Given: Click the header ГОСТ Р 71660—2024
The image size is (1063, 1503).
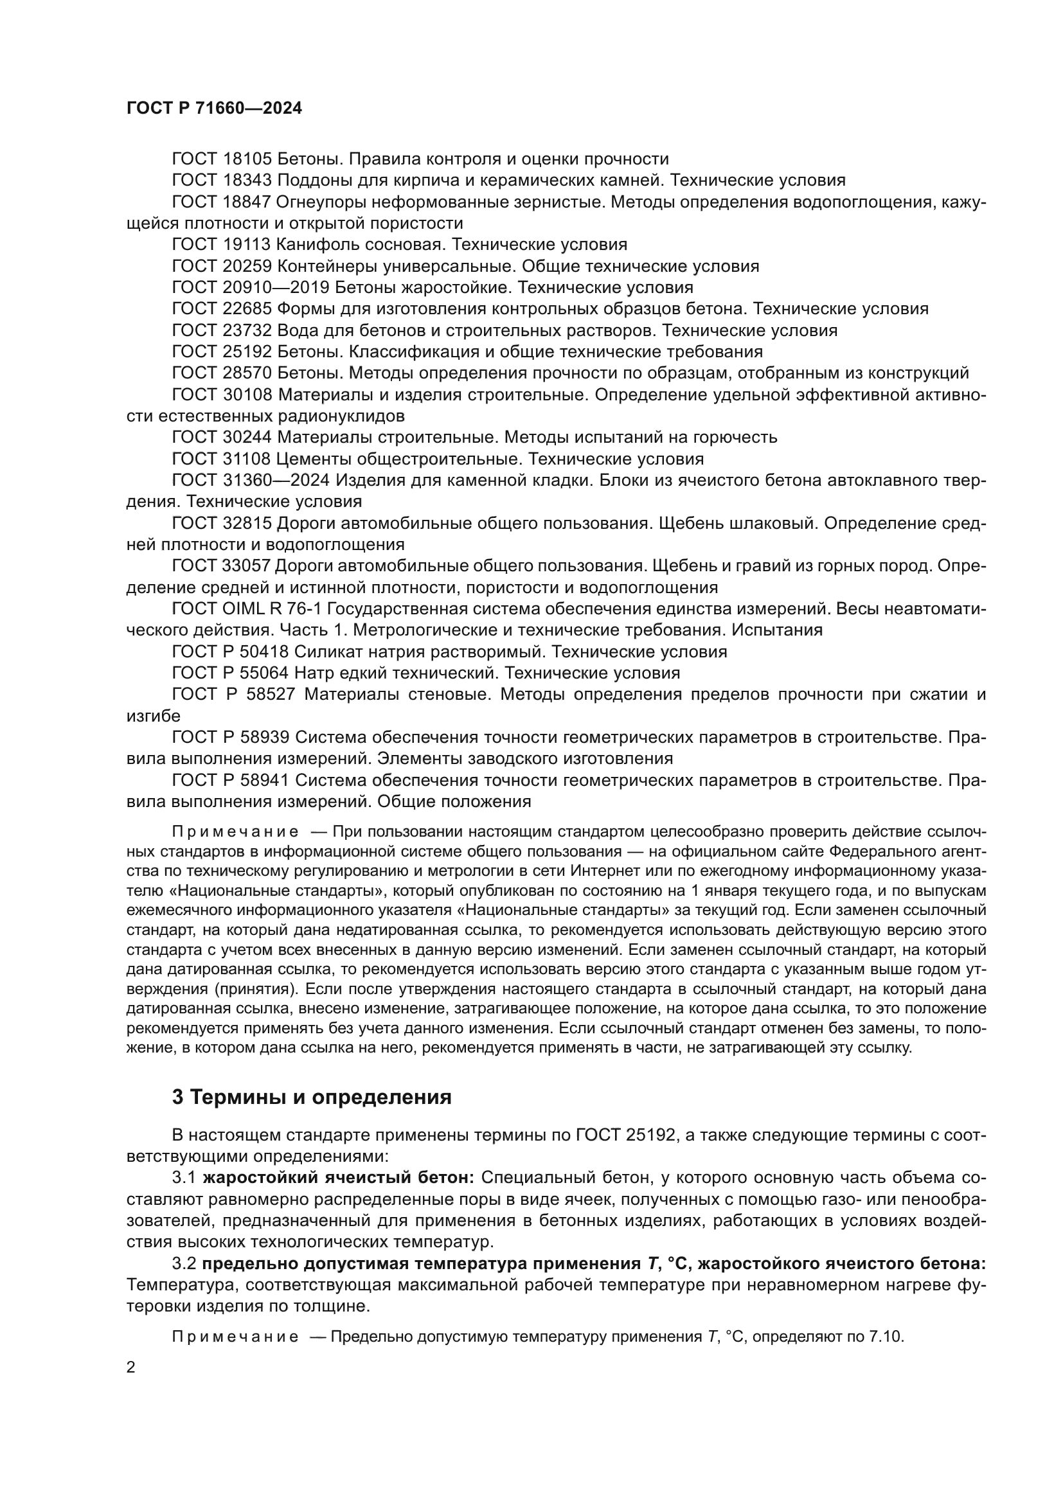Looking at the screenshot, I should coord(214,109).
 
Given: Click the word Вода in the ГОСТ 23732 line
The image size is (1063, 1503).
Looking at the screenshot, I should coord(298,330).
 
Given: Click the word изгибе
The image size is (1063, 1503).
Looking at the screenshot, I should coord(153,716).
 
